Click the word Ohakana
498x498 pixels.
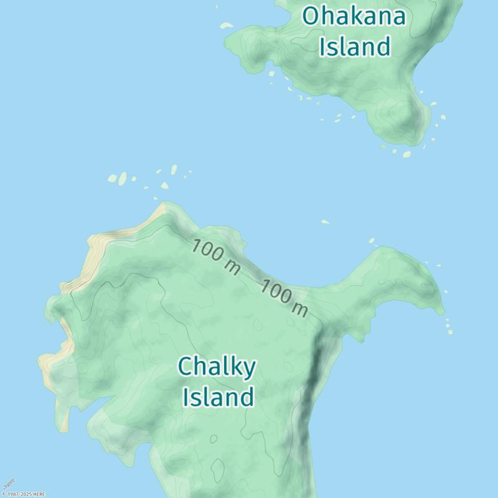coord(354,16)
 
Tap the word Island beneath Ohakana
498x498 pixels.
coord(355,47)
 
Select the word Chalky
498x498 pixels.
coord(217,367)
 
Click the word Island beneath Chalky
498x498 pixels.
coord(218,397)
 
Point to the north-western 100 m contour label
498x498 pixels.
coord(215,256)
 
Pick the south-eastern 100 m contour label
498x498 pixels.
coord(284,298)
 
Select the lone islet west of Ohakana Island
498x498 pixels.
coord(227,26)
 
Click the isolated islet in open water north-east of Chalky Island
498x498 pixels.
coord(325,222)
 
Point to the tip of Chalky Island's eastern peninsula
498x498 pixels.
coord(442,309)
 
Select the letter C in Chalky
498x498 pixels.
coord(186,367)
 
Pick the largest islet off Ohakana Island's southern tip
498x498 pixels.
coord(406,154)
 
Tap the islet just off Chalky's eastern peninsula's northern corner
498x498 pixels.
coord(372,240)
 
